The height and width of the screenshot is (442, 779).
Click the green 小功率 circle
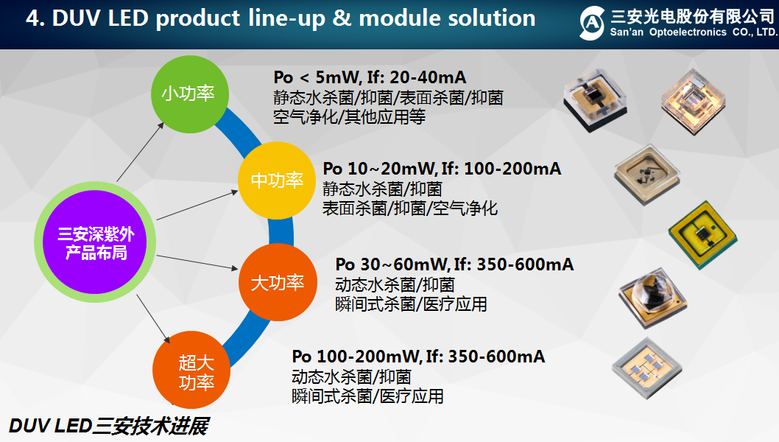click(188, 95)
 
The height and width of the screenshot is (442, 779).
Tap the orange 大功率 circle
click(277, 282)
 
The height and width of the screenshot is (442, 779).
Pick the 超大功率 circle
click(195, 372)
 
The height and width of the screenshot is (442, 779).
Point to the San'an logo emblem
click(591, 23)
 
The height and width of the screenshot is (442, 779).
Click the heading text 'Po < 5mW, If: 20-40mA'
click(370, 77)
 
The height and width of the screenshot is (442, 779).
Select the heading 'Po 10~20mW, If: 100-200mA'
click(442, 169)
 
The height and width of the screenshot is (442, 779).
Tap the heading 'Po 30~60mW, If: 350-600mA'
click(454, 264)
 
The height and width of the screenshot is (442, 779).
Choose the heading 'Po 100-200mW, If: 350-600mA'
click(418, 357)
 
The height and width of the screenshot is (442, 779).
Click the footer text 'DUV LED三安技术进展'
click(108, 427)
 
